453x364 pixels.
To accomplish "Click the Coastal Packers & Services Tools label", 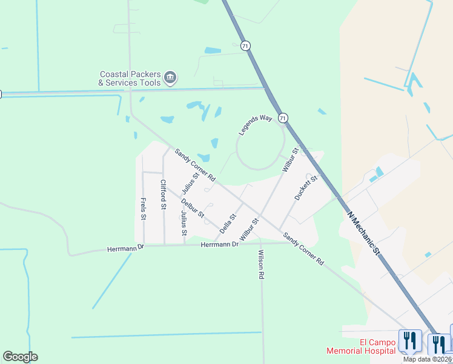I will pos(130,78).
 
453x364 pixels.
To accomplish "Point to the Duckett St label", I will pos(306,187).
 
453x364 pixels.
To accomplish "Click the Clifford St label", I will pos(163,195).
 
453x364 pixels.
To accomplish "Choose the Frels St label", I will pos(144,209).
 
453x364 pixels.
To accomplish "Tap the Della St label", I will pos(228,223).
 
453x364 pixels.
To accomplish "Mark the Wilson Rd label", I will pos(261,265).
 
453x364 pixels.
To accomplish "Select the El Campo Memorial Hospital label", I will pos(361,346).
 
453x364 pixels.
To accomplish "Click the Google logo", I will pos(20,357).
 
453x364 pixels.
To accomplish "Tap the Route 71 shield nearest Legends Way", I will pos(283,117).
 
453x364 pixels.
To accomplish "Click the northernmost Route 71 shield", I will pos(245,45).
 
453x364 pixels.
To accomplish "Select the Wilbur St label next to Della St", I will pos(249,229).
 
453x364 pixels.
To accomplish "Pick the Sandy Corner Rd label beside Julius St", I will pos(195,165).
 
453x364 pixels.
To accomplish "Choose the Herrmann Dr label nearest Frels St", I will pos(124,249).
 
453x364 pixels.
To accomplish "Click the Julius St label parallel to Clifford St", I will pos(184,223).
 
